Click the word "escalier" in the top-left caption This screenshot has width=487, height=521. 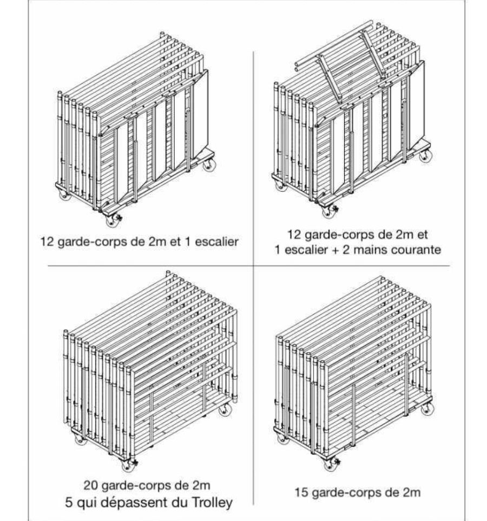click(x=216, y=242)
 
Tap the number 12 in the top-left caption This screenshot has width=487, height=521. click(x=47, y=242)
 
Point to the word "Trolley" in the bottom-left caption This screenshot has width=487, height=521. click(x=212, y=503)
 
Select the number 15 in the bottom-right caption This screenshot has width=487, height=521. click(x=302, y=492)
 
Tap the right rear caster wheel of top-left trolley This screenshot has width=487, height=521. click(x=209, y=165)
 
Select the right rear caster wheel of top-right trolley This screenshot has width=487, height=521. click(x=425, y=156)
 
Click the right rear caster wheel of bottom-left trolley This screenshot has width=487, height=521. click(x=225, y=409)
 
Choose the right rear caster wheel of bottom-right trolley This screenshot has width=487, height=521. click(x=427, y=408)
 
